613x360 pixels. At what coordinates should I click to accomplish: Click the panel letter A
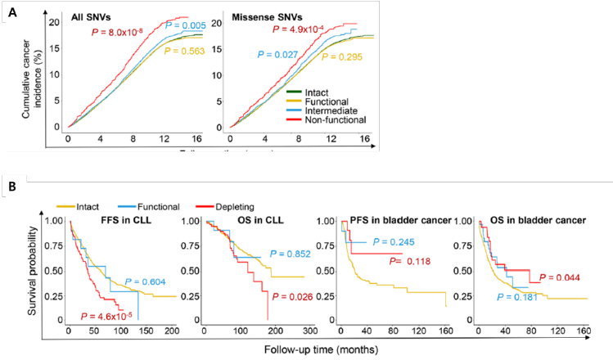tap(11, 11)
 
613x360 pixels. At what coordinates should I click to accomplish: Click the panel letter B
tap(11, 187)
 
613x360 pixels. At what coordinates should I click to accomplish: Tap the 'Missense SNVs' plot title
tap(265, 18)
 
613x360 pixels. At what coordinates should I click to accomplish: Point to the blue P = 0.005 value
tap(185, 28)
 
